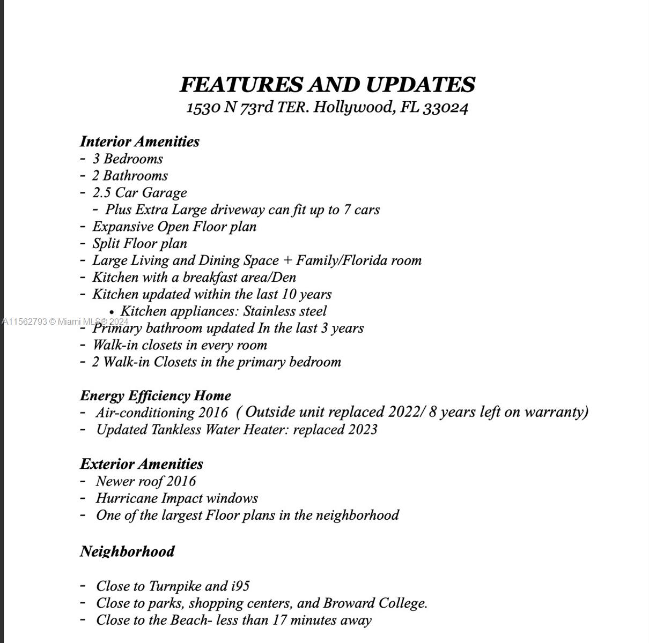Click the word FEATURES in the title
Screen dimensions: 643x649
(241, 85)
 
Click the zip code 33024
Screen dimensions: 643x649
(445, 108)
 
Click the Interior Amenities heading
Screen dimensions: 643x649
(139, 141)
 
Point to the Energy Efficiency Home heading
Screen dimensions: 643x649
(156, 396)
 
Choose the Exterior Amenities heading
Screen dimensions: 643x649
(142, 464)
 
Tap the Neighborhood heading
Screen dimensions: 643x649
(127, 551)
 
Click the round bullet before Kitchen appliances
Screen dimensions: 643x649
(112, 312)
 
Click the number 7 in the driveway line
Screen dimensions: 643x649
(347, 210)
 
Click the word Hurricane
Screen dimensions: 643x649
(127, 498)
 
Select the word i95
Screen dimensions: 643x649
(240, 586)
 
